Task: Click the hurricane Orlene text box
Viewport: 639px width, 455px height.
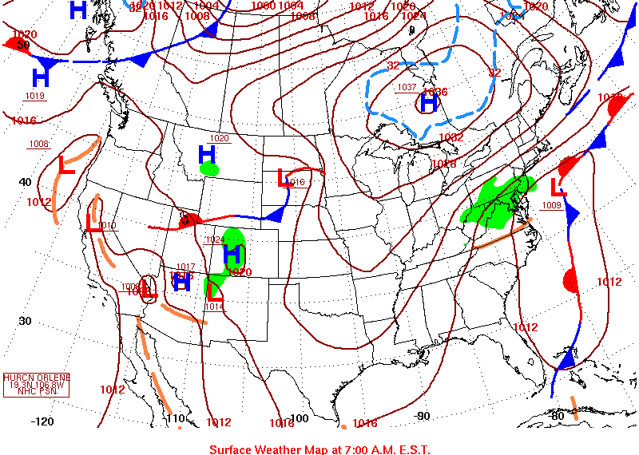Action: [x=37, y=385]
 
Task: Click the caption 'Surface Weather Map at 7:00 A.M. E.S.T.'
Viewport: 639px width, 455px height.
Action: [x=319, y=449]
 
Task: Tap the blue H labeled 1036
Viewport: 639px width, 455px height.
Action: [x=429, y=101]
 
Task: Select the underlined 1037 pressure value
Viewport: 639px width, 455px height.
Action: [x=407, y=87]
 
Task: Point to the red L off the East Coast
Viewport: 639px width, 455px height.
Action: [x=558, y=188]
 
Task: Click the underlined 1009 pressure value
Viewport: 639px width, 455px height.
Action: [x=551, y=205]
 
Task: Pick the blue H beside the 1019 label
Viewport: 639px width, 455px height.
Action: [x=41, y=77]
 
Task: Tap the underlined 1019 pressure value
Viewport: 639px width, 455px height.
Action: [x=36, y=96]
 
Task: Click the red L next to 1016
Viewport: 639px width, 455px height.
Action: [x=283, y=178]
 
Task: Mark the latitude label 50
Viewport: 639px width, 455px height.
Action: [x=23, y=45]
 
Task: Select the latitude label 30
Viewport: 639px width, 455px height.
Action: [x=26, y=321]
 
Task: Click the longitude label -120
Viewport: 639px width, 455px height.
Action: [x=42, y=421]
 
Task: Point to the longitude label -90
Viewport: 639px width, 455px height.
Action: [x=423, y=416]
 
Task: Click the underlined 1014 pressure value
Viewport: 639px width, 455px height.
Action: [x=213, y=307]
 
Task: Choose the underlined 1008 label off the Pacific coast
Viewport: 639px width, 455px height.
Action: [x=38, y=144]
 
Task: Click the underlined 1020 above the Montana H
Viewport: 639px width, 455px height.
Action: [x=219, y=138]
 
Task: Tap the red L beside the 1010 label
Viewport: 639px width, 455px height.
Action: [x=94, y=224]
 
